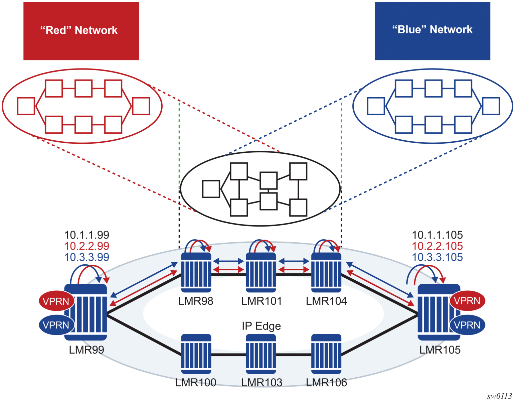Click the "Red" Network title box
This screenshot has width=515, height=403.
tap(81, 31)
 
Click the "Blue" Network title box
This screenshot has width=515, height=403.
tap(432, 31)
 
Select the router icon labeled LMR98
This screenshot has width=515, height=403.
tap(196, 272)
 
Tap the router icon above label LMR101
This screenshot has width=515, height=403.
tap(261, 272)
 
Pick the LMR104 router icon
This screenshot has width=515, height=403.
tap(326, 272)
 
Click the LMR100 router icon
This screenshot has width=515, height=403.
tap(196, 354)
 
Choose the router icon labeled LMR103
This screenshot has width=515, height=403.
tap(261, 354)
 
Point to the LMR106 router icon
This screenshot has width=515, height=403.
tap(326, 354)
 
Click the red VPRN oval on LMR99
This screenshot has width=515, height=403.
tap(56, 301)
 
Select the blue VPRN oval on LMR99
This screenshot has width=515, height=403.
tap(56, 325)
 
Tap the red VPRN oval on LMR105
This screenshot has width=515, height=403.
tap(467, 301)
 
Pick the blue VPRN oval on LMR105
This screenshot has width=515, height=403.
tap(467, 325)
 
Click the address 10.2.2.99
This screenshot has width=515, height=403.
tap(87, 246)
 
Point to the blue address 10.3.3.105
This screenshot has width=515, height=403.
tap(437, 257)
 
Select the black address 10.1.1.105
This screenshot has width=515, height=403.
tap(437, 235)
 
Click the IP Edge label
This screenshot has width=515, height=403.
tap(261, 326)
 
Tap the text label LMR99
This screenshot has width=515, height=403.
tap(87, 350)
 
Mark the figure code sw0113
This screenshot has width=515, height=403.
tap(499, 396)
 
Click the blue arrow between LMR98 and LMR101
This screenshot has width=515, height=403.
tap(228, 261)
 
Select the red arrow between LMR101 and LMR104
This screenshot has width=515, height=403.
tap(294, 269)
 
